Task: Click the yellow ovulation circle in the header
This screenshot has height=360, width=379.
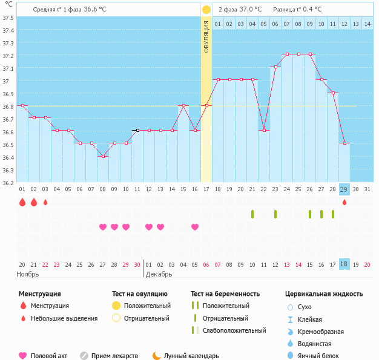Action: tap(206, 10)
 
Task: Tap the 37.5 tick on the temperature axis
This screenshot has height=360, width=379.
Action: tap(8, 18)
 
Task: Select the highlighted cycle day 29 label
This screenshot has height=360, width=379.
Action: tap(344, 189)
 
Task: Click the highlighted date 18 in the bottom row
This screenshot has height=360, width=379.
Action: tap(344, 264)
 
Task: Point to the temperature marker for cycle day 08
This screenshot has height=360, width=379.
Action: tap(103, 156)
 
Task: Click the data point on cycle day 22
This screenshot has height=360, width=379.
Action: tap(264, 131)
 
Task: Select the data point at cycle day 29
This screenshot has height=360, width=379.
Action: tap(344, 143)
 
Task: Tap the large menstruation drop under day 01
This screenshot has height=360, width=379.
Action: tap(22, 202)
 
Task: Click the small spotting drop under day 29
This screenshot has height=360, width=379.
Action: tap(344, 202)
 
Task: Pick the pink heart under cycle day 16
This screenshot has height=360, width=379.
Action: tap(195, 227)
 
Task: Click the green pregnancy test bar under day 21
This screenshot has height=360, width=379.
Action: tap(252, 214)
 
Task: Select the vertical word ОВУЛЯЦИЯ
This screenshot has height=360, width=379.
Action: tap(206, 36)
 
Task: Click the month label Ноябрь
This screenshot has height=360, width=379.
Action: tap(28, 274)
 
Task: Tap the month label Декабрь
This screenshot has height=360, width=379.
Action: tap(159, 274)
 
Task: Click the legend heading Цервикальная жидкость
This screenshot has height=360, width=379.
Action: tap(324, 294)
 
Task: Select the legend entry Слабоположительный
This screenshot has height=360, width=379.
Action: tap(234, 330)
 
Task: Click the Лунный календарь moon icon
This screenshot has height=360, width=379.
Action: tap(157, 356)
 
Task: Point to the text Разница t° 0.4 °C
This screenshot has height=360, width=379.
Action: tap(297, 10)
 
